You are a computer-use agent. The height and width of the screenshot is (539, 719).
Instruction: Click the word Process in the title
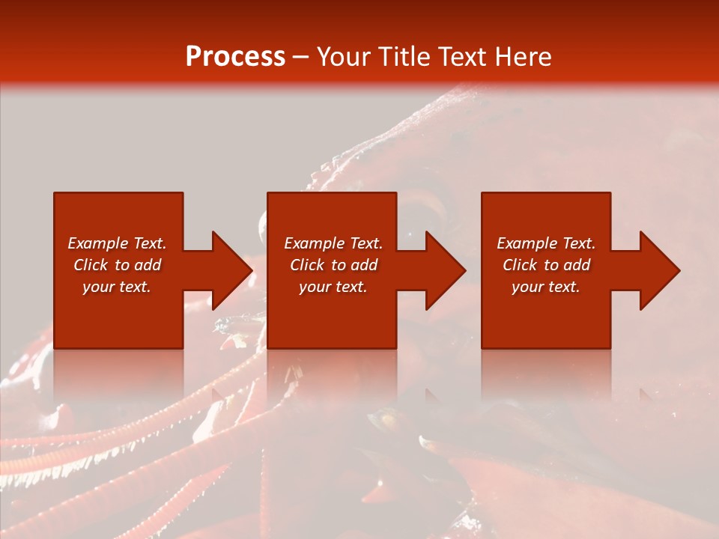click(234, 57)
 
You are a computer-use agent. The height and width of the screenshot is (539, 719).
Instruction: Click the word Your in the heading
click(345, 57)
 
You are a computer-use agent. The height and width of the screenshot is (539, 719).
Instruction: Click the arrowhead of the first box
click(229, 270)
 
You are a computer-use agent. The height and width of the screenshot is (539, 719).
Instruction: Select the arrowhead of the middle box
click(443, 270)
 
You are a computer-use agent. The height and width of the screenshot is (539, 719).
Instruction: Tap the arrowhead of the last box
click(658, 270)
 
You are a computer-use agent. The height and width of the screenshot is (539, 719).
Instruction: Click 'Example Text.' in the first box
click(117, 243)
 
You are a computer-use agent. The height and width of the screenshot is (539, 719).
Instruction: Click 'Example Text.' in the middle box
click(333, 243)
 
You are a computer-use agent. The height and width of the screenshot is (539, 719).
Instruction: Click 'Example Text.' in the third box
click(546, 243)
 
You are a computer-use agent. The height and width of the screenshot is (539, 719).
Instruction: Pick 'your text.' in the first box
click(117, 287)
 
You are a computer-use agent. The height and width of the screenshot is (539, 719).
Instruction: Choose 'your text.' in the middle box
click(333, 287)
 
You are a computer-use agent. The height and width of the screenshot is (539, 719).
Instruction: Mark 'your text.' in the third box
click(546, 287)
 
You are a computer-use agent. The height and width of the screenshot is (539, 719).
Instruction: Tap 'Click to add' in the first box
click(117, 265)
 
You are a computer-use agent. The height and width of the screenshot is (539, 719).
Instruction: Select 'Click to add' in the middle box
click(333, 265)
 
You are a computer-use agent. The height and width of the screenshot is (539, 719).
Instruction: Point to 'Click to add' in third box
click(546, 265)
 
